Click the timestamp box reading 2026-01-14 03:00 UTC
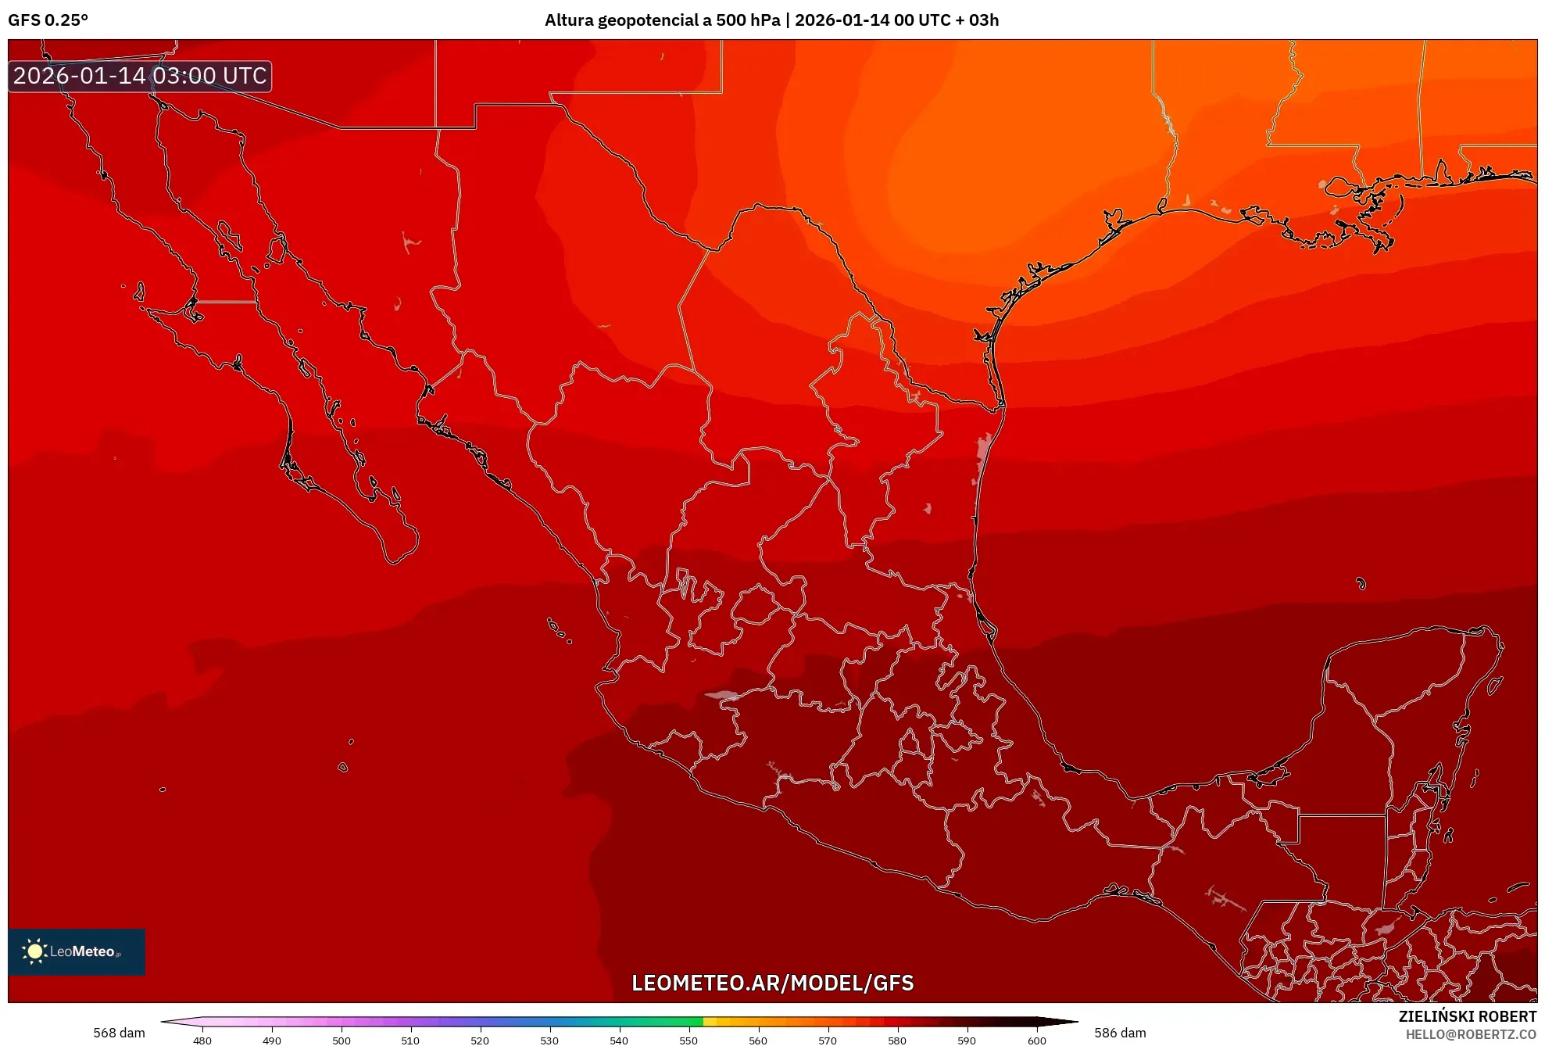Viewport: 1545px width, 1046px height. point(140,76)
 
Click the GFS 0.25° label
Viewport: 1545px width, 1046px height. point(48,20)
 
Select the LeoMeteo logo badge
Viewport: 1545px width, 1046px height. point(77,951)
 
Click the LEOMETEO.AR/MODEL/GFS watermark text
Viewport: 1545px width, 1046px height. point(772,983)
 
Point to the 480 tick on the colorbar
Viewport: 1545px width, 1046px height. point(202,1040)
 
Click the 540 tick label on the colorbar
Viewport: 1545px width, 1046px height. point(619,1040)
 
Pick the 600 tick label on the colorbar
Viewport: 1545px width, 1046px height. point(1036,1040)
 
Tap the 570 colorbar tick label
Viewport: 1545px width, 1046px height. point(828,1040)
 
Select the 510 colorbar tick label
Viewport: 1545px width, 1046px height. point(410,1040)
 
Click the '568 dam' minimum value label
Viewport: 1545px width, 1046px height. point(119,1033)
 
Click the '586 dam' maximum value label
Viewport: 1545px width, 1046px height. point(1120,1033)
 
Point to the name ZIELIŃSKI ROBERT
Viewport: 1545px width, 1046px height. point(1468,1016)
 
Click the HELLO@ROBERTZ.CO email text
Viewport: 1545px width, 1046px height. point(1471,1034)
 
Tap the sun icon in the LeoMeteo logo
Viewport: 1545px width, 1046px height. point(34,951)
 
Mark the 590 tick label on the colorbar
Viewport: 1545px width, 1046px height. point(967,1040)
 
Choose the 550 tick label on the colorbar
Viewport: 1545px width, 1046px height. point(688,1040)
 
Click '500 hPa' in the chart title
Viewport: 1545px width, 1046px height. point(748,20)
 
